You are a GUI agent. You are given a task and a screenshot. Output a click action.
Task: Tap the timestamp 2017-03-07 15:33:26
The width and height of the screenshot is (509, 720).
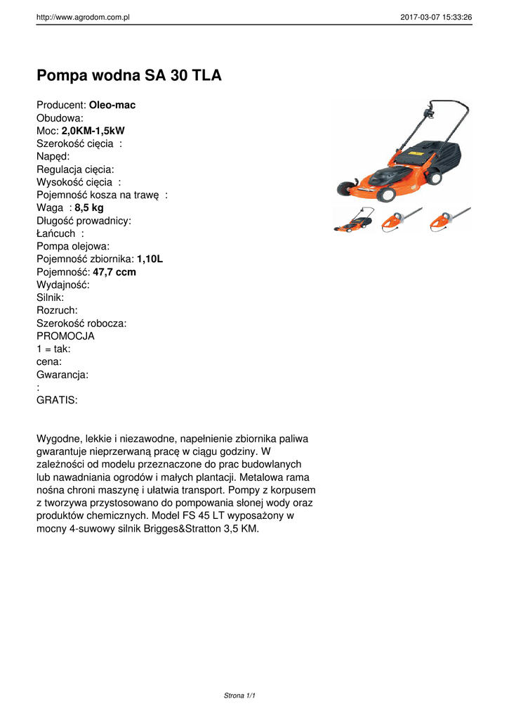point(436,17)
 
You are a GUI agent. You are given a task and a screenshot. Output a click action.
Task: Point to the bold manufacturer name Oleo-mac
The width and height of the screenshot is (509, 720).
point(112,105)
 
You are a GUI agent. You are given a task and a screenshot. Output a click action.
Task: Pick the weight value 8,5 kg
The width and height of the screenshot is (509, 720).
point(89,207)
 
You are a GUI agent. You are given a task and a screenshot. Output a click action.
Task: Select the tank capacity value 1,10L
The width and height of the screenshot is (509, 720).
point(150,259)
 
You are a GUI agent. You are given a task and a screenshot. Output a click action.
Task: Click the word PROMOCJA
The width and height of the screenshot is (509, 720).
point(65,336)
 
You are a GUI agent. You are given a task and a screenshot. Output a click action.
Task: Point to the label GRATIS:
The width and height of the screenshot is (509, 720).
point(57,400)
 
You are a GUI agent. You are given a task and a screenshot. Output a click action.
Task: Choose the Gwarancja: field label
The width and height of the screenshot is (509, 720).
point(62,375)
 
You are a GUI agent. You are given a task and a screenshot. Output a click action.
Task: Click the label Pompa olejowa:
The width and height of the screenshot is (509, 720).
point(73,246)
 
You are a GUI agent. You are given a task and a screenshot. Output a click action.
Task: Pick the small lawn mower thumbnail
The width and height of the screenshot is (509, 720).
point(353,220)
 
